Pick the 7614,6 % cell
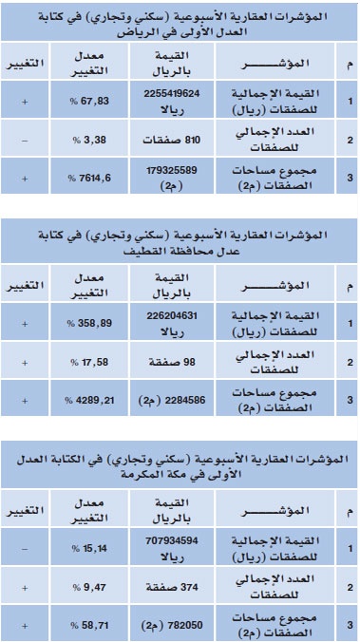[x=84, y=178]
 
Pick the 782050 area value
[x=177, y=623]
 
